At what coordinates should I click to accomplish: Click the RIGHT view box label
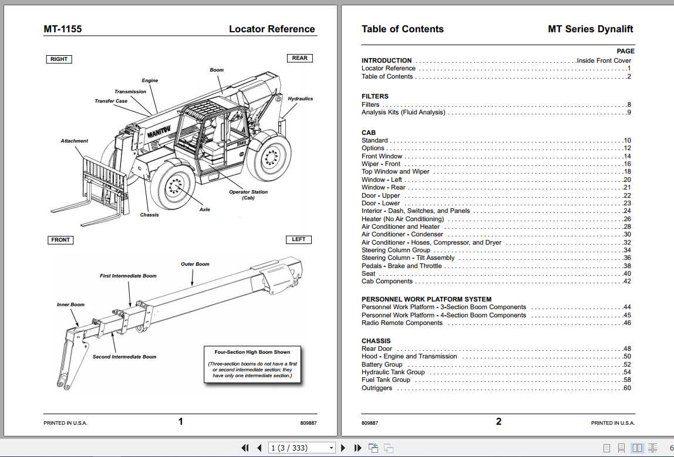coord(59,59)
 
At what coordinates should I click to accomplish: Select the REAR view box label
coord(299,58)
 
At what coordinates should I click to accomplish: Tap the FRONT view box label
coord(60,240)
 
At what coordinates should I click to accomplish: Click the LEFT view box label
coord(298,239)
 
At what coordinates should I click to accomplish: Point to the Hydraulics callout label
coord(300,99)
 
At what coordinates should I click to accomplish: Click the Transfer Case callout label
coord(111,101)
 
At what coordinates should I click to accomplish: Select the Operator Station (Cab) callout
coord(248,195)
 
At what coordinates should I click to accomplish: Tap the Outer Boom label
coord(195,265)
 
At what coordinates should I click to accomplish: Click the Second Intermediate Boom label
coord(124,357)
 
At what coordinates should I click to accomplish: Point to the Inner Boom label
coord(70,304)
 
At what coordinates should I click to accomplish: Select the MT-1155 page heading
coord(63,29)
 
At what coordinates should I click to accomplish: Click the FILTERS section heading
coord(375,96)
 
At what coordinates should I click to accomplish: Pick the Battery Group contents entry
coord(382,364)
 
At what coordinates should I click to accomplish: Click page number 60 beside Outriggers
coord(627,388)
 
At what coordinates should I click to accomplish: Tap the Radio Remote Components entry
coord(402,323)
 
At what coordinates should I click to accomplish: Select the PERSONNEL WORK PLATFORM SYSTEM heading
coord(426,299)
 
